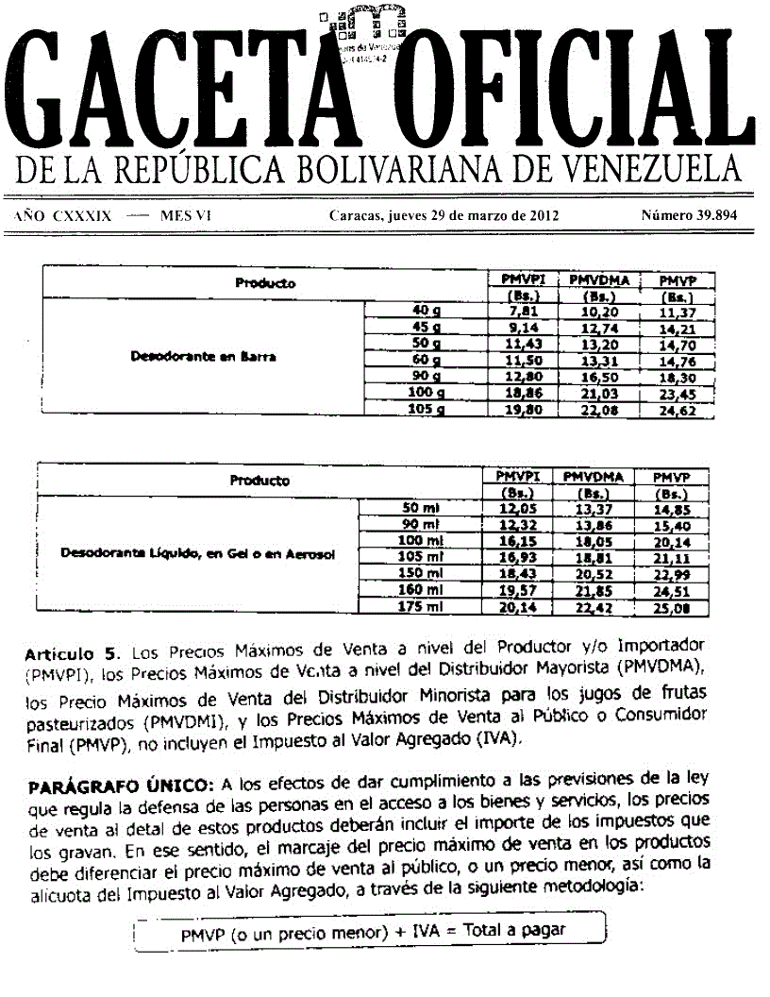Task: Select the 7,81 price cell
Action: click(x=521, y=311)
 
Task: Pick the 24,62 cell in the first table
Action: click(x=677, y=411)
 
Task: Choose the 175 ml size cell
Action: click(x=423, y=607)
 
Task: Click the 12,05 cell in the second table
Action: click(x=516, y=508)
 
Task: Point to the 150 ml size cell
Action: click(x=423, y=574)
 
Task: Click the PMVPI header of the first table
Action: click(x=521, y=279)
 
